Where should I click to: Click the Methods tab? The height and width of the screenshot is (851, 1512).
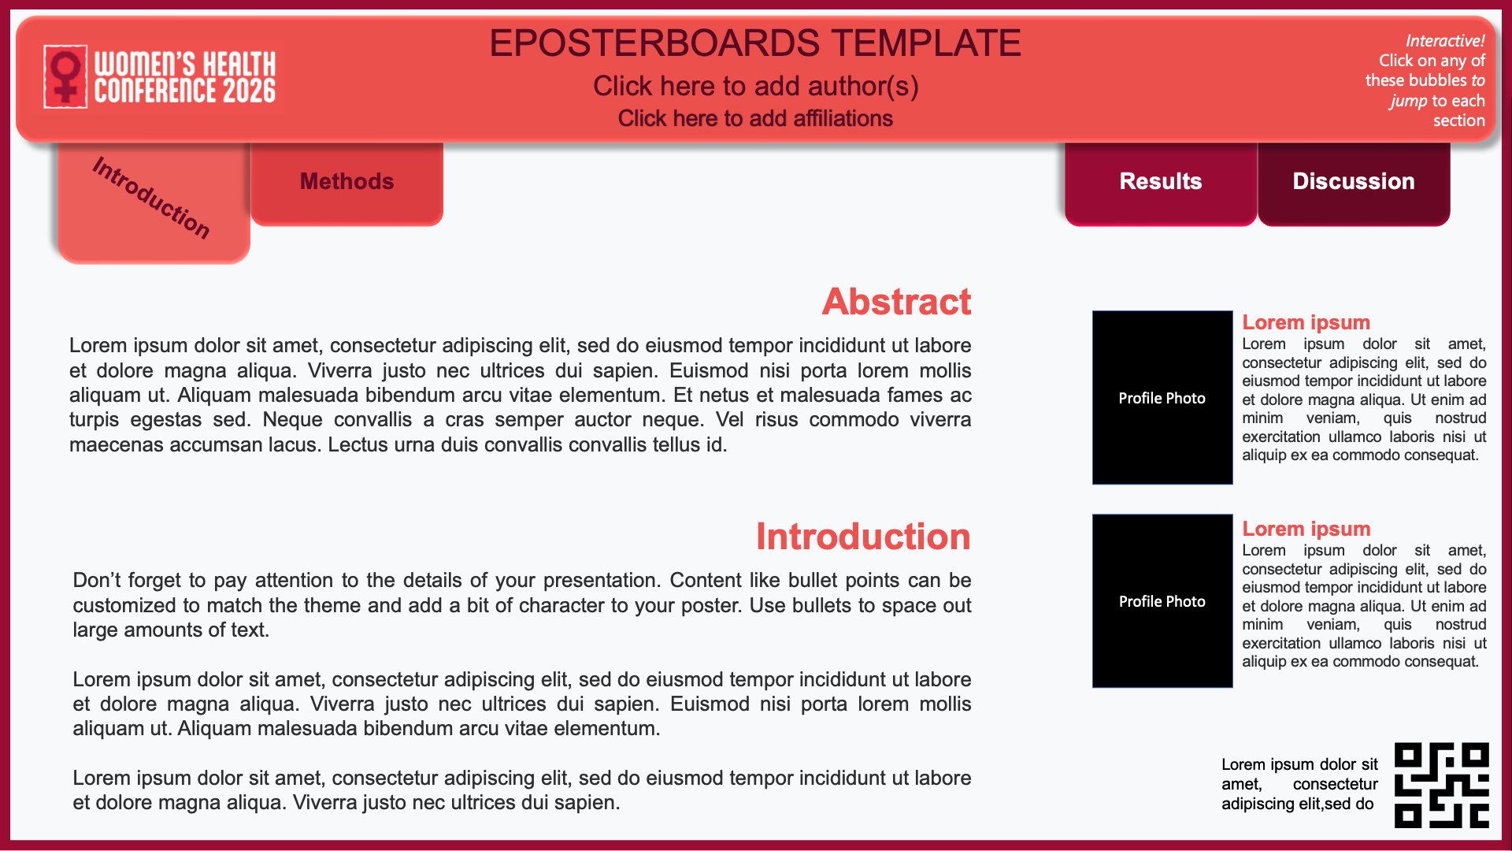pyautogui.click(x=347, y=183)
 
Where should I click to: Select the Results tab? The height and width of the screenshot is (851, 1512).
pyautogui.click(x=1161, y=183)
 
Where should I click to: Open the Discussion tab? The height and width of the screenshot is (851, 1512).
pyautogui.click(x=1354, y=183)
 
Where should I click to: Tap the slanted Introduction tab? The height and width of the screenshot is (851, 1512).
pyautogui.click(x=154, y=201)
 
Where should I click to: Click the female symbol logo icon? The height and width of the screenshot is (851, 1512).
pyautogui.click(x=65, y=76)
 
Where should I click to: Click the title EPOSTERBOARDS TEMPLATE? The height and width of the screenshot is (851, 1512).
pyautogui.click(x=755, y=43)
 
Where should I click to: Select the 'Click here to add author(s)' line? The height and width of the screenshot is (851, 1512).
pyautogui.click(x=756, y=86)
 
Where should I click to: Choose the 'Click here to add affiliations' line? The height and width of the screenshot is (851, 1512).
pyautogui.click(x=755, y=118)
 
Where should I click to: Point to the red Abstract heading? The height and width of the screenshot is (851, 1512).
pyautogui.click(x=896, y=302)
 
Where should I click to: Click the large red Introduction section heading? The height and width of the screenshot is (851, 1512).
pyautogui.click(x=863, y=537)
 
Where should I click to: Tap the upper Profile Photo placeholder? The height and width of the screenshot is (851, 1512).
pyautogui.click(x=1162, y=397)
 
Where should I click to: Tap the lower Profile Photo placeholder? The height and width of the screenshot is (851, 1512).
pyautogui.click(x=1162, y=600)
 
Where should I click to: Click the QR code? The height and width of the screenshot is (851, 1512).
pyautogui.click(x=1442, y=785)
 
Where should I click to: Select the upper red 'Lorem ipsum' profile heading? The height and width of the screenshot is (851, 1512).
pyautogui.click(x=1306, y=322)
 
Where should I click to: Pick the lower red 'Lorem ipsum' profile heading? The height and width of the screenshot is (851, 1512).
pyautogui.click(x=1306, y=529)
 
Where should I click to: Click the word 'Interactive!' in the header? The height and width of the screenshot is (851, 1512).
pyautogui.click(x=1445, y=41)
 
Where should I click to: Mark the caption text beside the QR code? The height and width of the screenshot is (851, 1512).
pyautogui.click(x=1299, y=784)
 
